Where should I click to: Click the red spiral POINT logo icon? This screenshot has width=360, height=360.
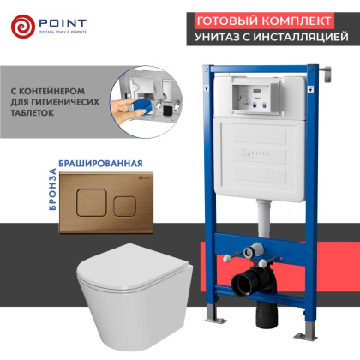[x=24, y=27]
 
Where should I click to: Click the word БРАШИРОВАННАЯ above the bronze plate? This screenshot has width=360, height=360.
[x=77, y=160]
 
